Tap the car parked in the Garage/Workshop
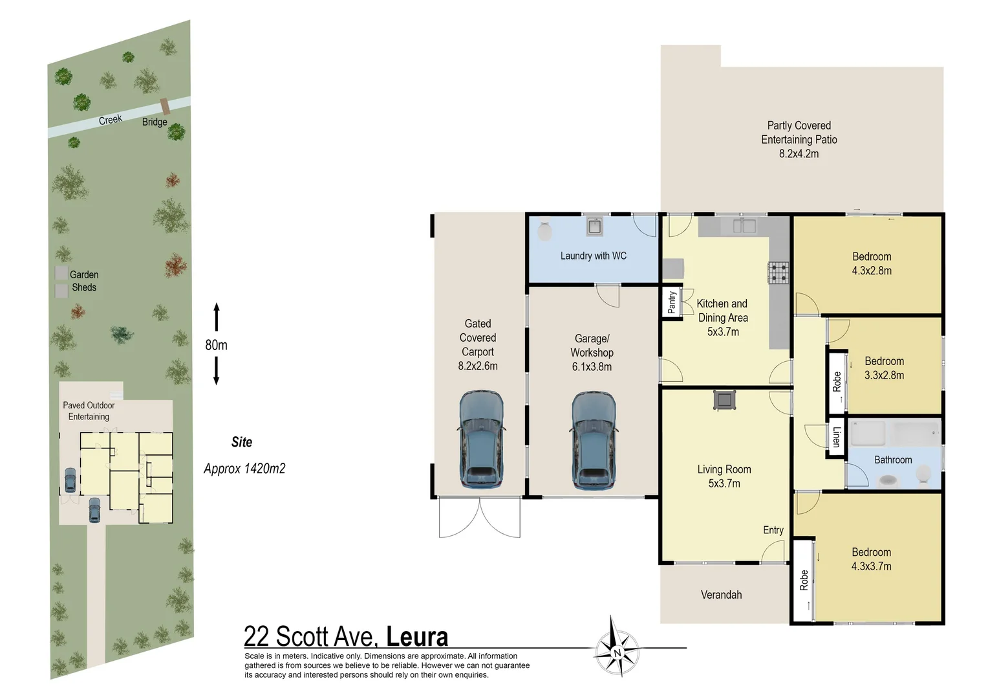pyautogui.click(x=594, y=441)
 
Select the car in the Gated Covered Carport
pyautogui.click(x=481, y=439)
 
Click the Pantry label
pyautogui.click(x=672, y=302)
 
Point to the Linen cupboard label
pyautogui.click(x=836, y=437)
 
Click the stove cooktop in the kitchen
pyautogui.click(x=778, y=272)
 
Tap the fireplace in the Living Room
pyautogui.click(x=724, y=401)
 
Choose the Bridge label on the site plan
pyautogui.click(x=155, y=122)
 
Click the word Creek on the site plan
pyautogui.click(x=111, y=120)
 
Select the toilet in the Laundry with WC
pyautogui.click(x=544, y=230)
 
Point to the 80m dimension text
pyautogui.click(x=216, y=345)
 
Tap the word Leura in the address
pyautogui.click(x=417, y=636)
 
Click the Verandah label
pyautogui.click(x=721, y=595)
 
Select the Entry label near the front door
pyautogui.click(x=773, y=530)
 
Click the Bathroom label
pyautogui.click(x=893, y=460)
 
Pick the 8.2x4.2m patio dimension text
pyautogui.click(x=799, y=153)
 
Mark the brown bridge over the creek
pyautogui.click(x=165, y=106)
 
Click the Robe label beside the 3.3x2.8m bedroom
pyautogui.click(x=837, y=382)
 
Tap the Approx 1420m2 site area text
pyautogui.click(x=244, y=469)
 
